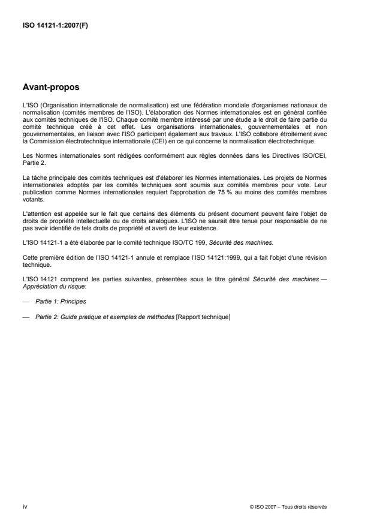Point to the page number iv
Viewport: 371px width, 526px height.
pos(24,506)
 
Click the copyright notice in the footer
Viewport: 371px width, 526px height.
pos(288,507)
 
